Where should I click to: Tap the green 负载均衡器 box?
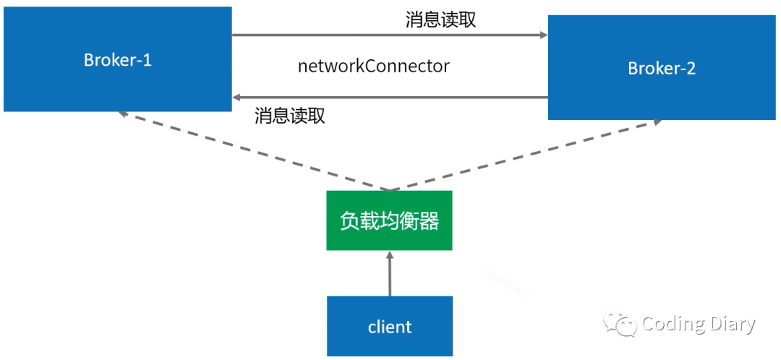389,220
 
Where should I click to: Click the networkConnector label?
374,67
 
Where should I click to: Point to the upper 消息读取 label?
440,20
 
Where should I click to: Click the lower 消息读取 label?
290,116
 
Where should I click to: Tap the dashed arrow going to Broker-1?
253,152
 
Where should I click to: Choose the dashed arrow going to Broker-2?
528,154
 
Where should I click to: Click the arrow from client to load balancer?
389,275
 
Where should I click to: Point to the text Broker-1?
117,59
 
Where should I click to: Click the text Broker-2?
662,69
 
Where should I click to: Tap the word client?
389,327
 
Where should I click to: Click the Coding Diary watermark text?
699,325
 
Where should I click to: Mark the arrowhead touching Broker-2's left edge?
543,35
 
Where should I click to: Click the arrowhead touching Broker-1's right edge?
236,97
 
